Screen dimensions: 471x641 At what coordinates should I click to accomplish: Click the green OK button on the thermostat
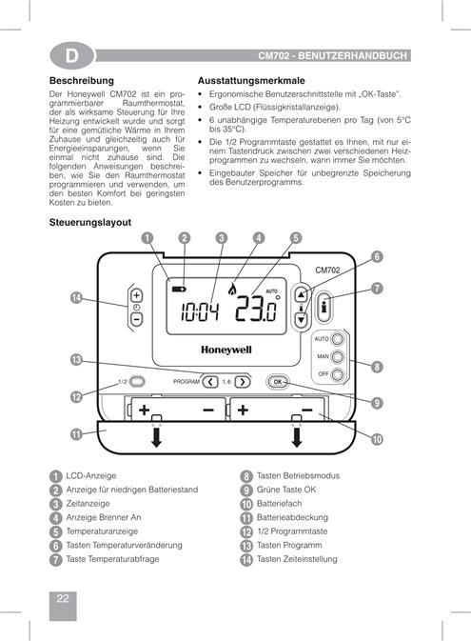coord(278,382)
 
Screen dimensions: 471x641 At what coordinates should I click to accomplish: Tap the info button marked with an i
coord(324,307)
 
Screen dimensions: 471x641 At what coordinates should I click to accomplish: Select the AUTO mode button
coord(338,339)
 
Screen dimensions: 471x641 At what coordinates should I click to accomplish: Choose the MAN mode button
coord(338,357)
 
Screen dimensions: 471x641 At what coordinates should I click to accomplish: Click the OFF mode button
coord(338,374)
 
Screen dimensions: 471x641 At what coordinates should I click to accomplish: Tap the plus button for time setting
coord(136,295)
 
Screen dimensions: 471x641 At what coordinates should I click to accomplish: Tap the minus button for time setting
coord(136,319)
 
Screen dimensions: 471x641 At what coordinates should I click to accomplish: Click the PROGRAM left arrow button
coord(210,382)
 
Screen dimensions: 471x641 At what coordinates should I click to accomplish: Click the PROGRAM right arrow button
coord(243,382)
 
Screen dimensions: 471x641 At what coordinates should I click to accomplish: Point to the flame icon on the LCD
coord(231,290)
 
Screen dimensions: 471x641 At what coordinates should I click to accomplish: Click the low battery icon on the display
coord(179,289)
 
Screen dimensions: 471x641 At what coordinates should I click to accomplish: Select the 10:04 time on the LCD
coord(200,311)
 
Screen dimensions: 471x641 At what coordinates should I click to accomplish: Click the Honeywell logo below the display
coord(226,350)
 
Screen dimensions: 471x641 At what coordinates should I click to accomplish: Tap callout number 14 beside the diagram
coord(76,297)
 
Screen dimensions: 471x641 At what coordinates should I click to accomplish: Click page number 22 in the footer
coord(63,598)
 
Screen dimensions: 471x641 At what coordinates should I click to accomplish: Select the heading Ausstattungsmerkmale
coord(251,81)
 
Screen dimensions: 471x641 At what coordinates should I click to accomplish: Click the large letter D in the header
coord(72,55)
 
